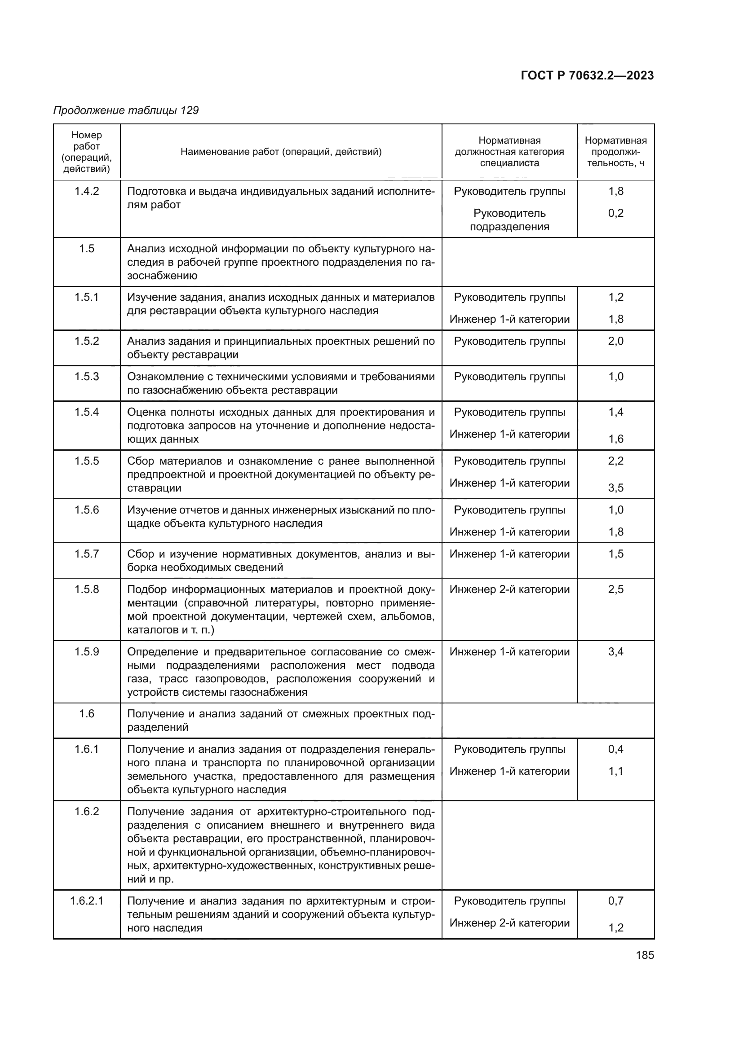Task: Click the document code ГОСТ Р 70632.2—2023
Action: (587, 75)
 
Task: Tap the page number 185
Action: (645, 955)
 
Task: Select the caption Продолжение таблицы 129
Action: (126, 110)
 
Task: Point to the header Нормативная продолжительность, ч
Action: (615, 151)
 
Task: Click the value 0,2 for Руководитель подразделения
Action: (615, 213)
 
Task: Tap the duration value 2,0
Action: (615, 341)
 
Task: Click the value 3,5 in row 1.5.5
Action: (615, 488)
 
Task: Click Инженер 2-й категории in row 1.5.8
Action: (509, 589)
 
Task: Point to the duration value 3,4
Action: (615, 652)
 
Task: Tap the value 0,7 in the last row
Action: (615, 901)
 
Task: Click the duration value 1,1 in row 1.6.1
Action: (615, 771)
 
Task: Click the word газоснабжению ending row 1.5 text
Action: (162, 276)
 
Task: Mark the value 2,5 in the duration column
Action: (615, 589)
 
